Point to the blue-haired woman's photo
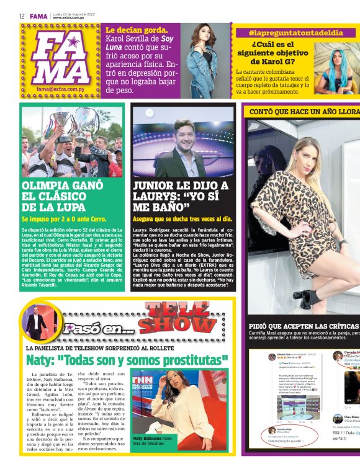[339, 71]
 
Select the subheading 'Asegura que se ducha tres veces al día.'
[182, 219]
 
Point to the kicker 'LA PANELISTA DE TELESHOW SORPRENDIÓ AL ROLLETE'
[99, 348]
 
